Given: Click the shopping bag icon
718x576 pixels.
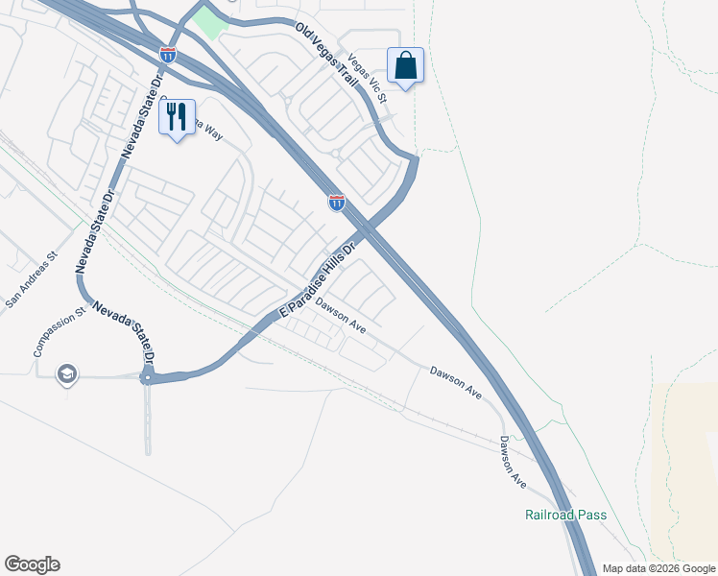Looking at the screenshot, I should click(406, 65).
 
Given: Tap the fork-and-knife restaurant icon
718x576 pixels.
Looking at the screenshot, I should click(177, 117).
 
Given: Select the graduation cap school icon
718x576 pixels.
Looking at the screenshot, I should click(66, 373).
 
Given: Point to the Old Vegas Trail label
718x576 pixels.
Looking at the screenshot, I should click(326, 58).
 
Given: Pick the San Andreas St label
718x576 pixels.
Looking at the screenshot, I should click(32, 280).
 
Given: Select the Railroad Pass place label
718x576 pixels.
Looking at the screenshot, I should click(566, 515).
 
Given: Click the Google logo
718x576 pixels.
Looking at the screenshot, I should click(32, 564).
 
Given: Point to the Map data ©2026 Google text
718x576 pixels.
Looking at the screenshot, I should click(658, 568).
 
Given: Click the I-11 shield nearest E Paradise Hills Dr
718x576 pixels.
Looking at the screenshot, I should click(336, 202).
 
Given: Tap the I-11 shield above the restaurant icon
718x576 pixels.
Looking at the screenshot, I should click(168, 56).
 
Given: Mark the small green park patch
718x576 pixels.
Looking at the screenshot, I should click(207, 19).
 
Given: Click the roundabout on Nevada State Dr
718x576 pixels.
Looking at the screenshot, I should click(148, 377).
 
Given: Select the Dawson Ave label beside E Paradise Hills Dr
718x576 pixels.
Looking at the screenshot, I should click(342, 318).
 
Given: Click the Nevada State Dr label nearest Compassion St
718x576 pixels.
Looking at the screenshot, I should click(122, 331).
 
